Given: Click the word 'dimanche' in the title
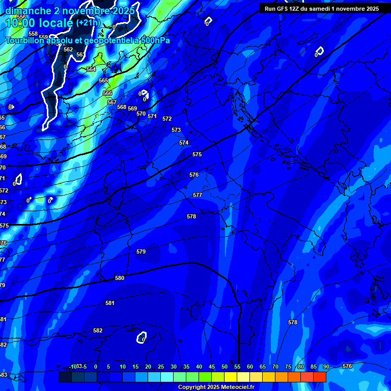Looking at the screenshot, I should point(28,11).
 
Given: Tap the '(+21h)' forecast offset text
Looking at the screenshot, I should point(88,22).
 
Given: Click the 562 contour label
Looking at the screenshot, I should point(68,49).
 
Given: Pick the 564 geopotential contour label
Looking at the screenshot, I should point(91,69).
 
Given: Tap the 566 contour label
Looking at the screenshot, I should point(107,93).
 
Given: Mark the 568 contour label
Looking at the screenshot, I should point(121,107).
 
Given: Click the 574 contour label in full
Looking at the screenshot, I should point(184,143).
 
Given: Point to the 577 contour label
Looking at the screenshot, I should point(198,195).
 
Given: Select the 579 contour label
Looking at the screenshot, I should point(141,252).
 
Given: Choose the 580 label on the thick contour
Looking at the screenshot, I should point(120,278).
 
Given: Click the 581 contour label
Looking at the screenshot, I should point(110,303).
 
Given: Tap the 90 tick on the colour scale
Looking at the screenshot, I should point(326,367).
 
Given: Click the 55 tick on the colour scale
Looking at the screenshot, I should point(237,367).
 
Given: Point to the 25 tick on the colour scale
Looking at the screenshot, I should point(160,367).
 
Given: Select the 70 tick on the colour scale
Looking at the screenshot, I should point(275,367).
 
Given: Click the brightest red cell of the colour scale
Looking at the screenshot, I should point(320,377).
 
